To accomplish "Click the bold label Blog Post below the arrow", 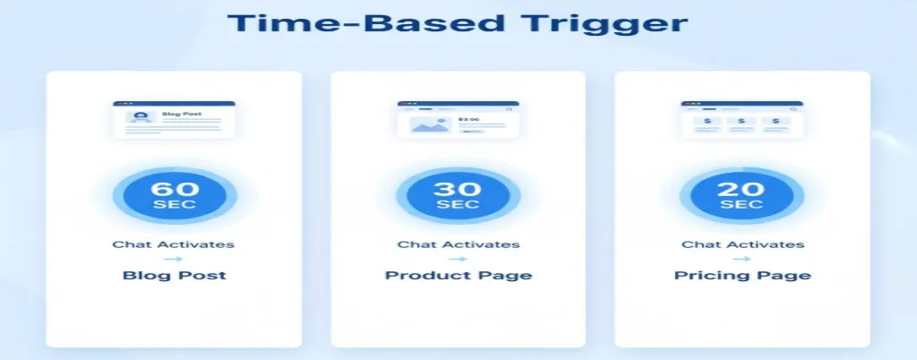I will (x=175, y=275).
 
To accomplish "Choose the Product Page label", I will (x=458, y=275).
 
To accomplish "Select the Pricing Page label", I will (x=742, y=275).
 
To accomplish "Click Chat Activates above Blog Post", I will (x=175, y=244).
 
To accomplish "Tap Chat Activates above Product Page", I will (x=458, y=244).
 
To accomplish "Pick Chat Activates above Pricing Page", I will (x=742, y=244).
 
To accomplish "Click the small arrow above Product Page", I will (x=458, y=259).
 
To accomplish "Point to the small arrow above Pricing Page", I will (x=742, y=259).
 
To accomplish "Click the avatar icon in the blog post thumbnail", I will (x=141, y=117).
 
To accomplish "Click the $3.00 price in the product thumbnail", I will (x=468, y=118).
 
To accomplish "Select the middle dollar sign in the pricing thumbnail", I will (x=741, y=121).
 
